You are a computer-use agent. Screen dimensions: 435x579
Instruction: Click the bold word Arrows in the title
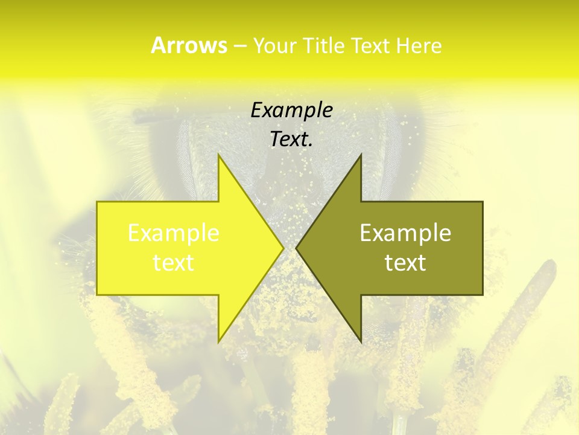point(189,45)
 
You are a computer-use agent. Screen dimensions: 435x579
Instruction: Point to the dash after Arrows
point(239,46)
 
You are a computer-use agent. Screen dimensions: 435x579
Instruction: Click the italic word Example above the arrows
point(292,110)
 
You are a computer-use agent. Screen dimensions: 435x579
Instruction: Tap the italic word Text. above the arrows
point(292,139)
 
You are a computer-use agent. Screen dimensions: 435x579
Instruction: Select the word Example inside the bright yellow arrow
point(174,233)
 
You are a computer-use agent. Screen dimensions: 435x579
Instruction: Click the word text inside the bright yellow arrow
point(174,263)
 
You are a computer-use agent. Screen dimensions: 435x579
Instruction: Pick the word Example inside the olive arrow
point(405,233)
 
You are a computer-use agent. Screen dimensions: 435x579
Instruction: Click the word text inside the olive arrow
point(405,263)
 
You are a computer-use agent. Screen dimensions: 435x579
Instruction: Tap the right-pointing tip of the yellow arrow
point(283,248)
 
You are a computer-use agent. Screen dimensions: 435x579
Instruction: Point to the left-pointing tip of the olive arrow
point(297,248)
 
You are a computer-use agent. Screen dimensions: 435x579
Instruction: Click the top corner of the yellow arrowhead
point(219,155)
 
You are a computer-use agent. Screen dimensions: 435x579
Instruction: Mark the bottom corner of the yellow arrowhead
point(219,342)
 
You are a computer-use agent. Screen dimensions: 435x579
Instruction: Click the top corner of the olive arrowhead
point(361,155)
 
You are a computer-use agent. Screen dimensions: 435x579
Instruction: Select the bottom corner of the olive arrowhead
point(361,342)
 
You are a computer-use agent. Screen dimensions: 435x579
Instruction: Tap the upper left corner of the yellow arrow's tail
point(98,202)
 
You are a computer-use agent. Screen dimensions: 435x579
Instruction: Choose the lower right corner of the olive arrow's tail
point(482,294)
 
